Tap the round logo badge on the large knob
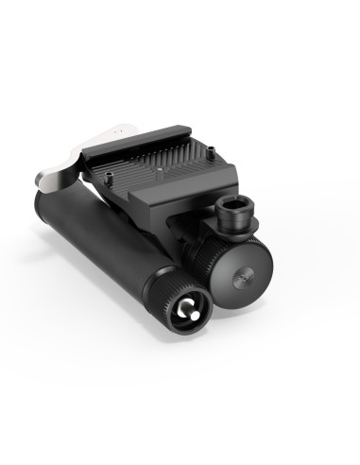[x=237, y=277]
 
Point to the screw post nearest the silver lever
[x=113, y=173]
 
